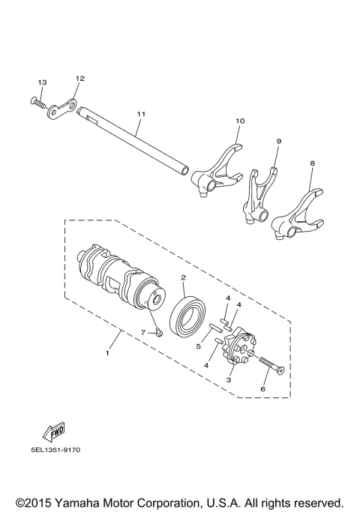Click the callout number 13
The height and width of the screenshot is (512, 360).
[x=42, y=81]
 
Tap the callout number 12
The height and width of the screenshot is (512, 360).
[x=80, y=78]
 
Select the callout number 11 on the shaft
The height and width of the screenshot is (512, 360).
[x=139, y=114]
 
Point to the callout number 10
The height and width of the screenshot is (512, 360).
[x=240, y=121]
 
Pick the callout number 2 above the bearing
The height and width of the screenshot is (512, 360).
[x=182, y=277]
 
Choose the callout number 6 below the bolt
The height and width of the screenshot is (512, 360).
[x=262, y=390]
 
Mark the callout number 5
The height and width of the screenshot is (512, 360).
[x=199, y=346]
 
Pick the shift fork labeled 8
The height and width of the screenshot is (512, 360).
[x=300, y=214]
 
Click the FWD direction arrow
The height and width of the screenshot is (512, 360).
[x=54, y=430]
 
